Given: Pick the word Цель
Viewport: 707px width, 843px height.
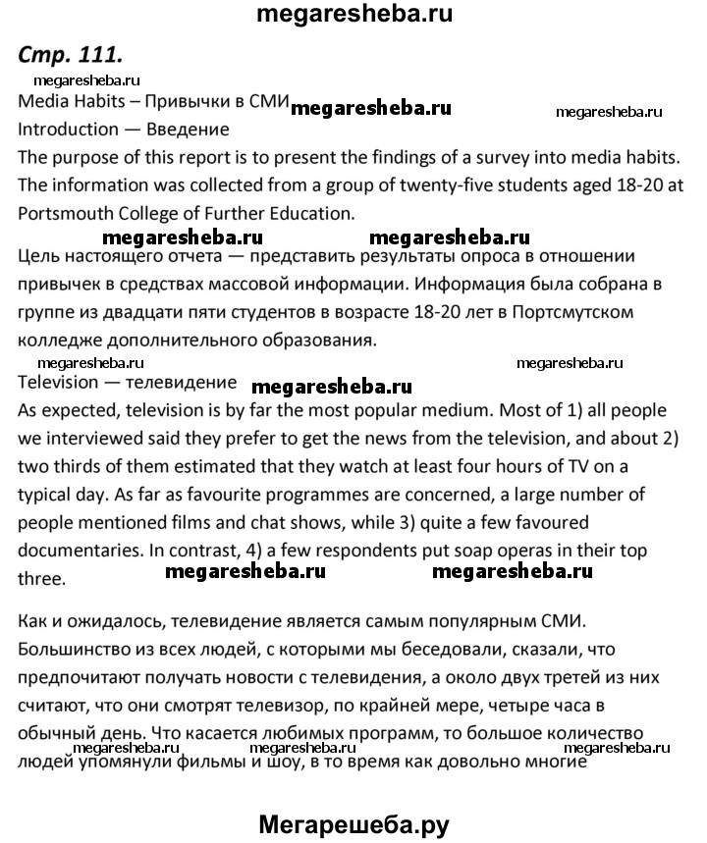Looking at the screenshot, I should [41, 258].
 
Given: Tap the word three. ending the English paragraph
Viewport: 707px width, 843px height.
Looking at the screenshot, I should [41, 578].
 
